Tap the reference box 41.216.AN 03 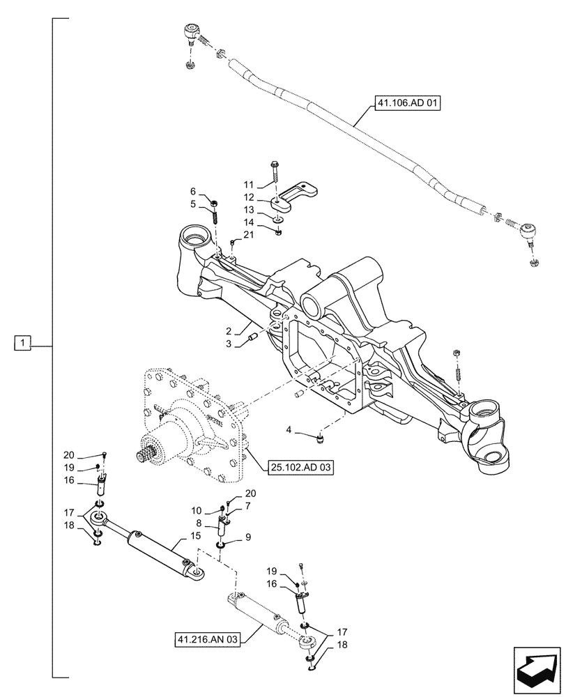(207, 638)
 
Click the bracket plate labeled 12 (296, 197)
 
